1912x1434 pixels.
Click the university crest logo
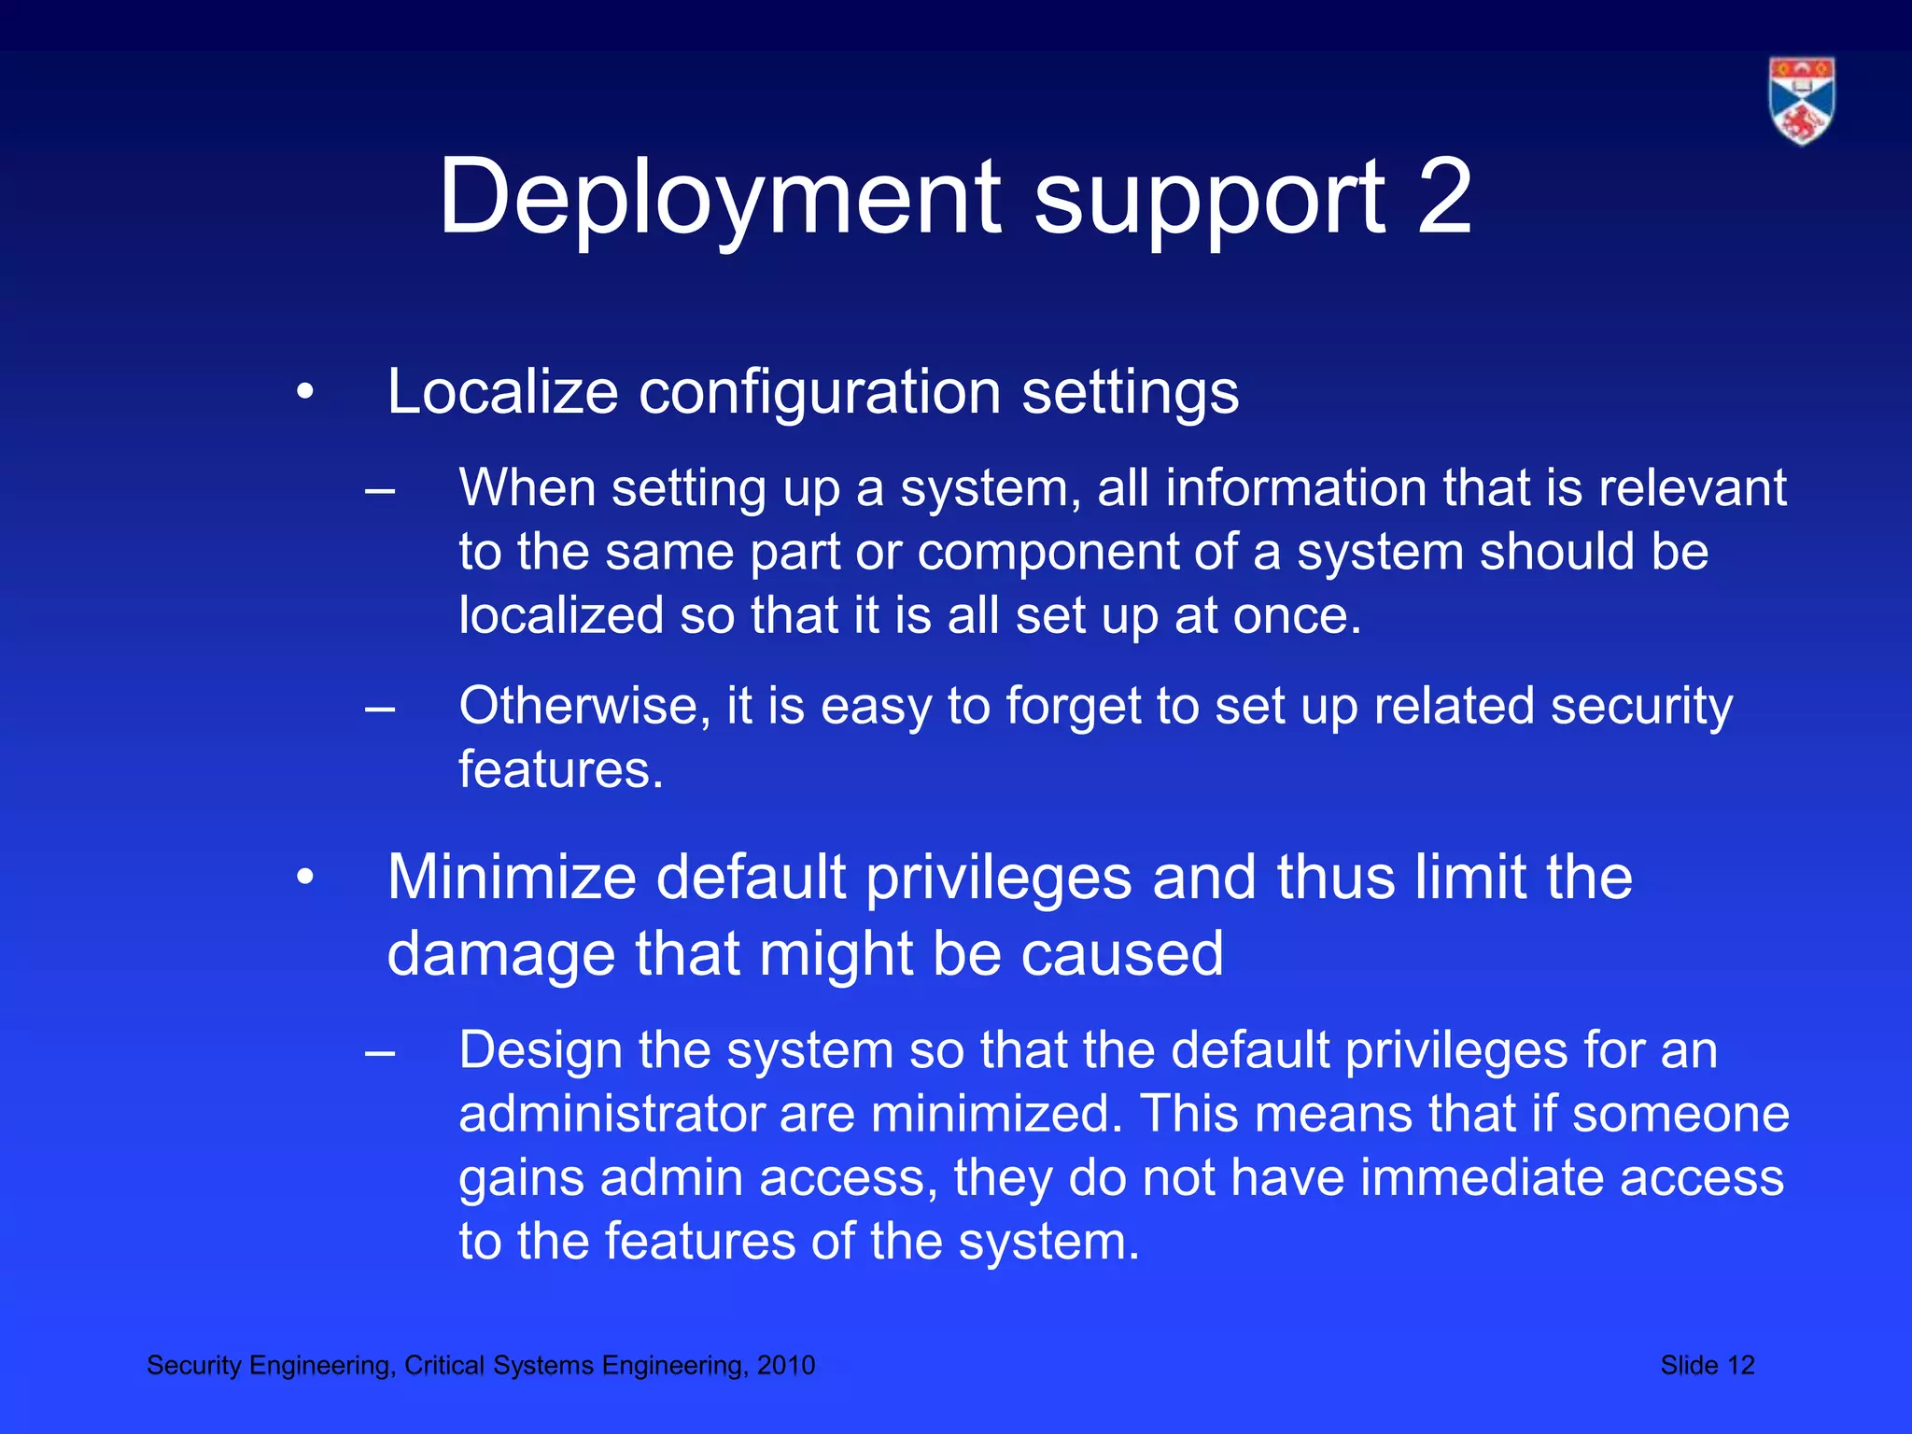coord(1801,101)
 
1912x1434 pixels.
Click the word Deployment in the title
coord(720,198)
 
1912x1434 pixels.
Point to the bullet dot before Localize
coord(304,393)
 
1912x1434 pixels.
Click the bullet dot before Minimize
coord(304,879)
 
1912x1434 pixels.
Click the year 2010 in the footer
coord(785,1366)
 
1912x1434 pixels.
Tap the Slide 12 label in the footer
coord(1707,1366)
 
